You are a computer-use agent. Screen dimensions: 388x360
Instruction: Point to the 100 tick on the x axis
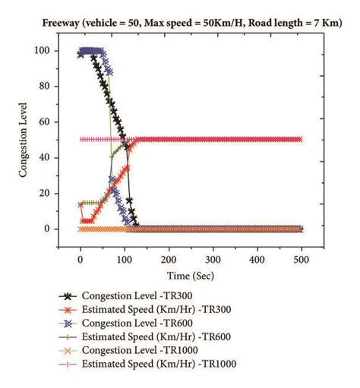[x=125, y=257]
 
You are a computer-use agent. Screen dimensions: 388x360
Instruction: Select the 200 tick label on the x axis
[x=169, y=257]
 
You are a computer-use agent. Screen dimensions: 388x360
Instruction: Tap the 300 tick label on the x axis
[x=213, y=257]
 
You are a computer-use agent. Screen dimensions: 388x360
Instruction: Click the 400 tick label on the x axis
[x=257, y=257]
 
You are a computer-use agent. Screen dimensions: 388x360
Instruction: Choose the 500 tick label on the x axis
[x=302, y=257]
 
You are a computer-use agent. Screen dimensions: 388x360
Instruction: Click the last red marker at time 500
[x=302, y=140]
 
